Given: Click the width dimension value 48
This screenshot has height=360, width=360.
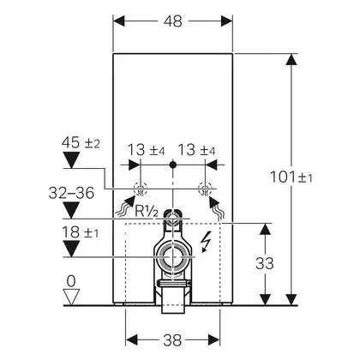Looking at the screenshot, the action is (x=173, y=21).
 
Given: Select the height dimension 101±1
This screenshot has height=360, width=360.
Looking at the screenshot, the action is (x=291, y=177).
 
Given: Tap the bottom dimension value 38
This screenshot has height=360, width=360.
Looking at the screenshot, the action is (x=172, y=340).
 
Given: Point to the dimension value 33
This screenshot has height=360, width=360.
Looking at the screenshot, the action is (x=265, y=263).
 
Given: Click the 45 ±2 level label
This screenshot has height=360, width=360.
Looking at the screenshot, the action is (x=81, y=142).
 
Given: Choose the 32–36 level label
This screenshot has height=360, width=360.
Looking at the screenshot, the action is (x=71, y=193).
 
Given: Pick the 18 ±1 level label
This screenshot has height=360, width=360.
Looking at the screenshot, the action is (x=81, y=232).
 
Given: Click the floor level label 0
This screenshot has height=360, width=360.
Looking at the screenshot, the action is (x=71, y=281).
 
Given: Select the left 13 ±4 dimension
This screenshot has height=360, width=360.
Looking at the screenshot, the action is (x=146, y=150).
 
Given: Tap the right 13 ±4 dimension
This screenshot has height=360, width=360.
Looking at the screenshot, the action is (x=196, y=150).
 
